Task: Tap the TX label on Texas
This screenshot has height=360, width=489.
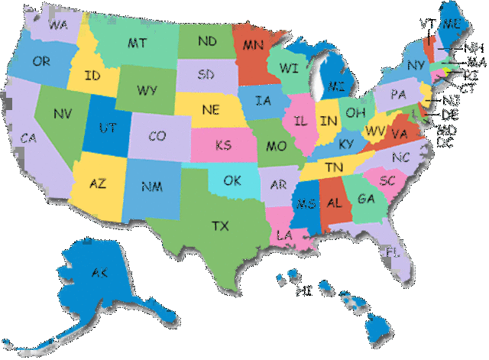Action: (x=221, y=225)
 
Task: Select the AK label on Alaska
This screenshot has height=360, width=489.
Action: (x=99, y=274)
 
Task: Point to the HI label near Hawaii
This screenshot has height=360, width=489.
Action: (x=304, y=290)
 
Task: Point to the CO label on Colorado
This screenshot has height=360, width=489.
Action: (x=157, y=137)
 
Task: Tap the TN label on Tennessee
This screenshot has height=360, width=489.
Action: (x=333, y=167)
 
